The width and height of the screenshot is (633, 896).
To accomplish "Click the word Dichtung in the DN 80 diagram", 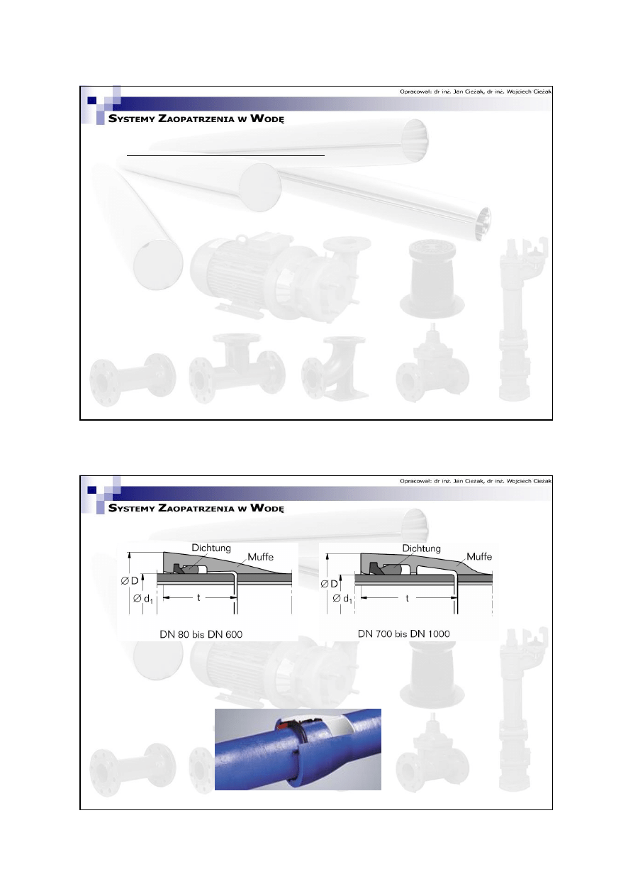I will [x=212, y=548].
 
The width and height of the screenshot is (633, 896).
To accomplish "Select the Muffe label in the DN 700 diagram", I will [x=478, y=557].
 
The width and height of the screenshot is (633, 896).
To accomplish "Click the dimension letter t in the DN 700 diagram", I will [x=408, y=598].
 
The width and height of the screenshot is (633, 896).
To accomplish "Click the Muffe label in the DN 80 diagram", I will [x=260, y=557].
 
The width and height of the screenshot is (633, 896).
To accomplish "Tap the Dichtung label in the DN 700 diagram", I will [x=421, y=548].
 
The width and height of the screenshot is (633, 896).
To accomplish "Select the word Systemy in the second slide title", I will [x=131, y=509].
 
